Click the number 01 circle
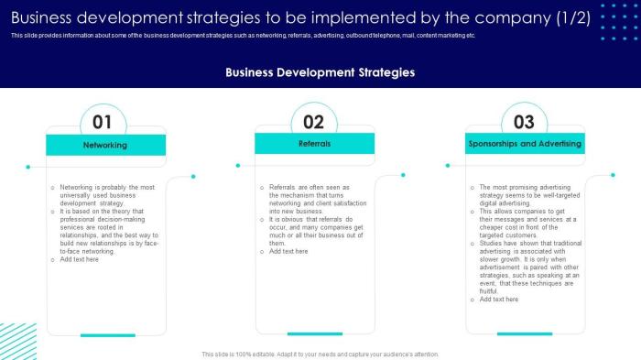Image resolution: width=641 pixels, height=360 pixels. coord(103,122)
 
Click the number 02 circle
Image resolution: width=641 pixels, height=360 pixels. coord(314,122)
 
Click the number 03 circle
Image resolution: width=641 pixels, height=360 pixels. coord(524,122)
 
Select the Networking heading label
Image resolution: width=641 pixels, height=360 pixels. coord(105,145)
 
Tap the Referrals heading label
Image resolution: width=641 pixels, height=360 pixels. coord(314,144)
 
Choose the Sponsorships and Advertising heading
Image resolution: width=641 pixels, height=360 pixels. coord(525,145)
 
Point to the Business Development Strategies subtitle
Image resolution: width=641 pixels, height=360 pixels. coord(320,71)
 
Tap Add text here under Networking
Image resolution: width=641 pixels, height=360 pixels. coord(80,259)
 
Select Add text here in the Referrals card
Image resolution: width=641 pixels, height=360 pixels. coord(288,251)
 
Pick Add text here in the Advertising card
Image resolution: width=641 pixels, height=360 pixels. coord(499,299)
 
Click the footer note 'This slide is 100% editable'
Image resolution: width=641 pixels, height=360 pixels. coord(320,354)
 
